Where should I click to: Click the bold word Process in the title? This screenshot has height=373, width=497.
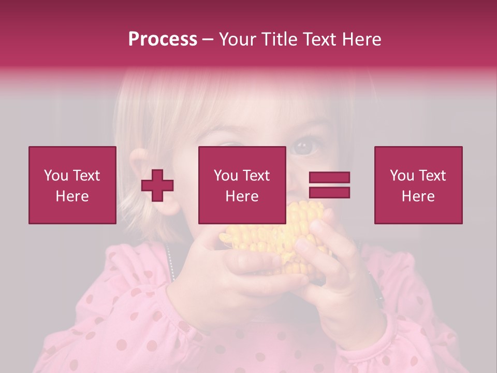(163, 39)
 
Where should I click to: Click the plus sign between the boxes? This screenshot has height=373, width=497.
(157, 186)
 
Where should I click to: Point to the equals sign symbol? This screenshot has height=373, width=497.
(329, 185)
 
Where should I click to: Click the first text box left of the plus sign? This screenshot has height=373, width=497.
(72, 185)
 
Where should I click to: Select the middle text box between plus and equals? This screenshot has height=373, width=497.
(242, 185)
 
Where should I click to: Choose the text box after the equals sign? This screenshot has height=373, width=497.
(418, 185)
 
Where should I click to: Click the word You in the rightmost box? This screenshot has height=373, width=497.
(401, 176)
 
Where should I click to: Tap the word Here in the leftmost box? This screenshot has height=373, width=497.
(72, 196)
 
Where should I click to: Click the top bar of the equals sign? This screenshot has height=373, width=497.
(329, 178)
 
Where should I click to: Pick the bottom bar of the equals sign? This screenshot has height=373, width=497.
(329, 192)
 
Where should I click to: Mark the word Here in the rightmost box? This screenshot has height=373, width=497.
(418, 196)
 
